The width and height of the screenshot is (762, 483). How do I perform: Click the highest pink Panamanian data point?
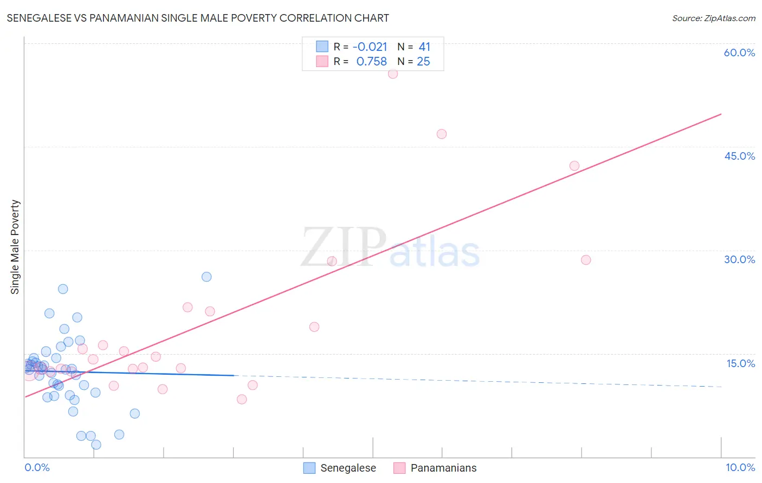393,74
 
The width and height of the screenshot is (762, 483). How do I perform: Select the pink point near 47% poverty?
442,134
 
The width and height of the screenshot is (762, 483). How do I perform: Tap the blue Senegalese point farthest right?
206,277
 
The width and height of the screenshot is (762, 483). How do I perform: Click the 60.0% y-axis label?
739,53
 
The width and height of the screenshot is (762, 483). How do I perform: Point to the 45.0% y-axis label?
739,156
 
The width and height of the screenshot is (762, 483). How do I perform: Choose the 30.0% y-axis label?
739,259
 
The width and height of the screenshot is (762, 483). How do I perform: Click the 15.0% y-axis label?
740,363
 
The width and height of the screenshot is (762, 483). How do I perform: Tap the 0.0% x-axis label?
37,467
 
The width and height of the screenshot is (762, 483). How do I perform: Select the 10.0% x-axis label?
740,467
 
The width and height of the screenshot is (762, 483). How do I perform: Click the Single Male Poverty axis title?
15,247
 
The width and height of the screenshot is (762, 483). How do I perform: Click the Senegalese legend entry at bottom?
347,468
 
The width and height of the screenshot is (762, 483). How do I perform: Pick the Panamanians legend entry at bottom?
443,468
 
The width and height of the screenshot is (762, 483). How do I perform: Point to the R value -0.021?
370,47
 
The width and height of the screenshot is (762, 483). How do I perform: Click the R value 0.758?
371,62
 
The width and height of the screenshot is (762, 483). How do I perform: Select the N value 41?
424,47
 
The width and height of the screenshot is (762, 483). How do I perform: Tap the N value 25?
423,62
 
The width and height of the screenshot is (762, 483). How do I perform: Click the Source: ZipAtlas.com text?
713,18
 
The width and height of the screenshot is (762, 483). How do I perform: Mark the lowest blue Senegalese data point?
96,445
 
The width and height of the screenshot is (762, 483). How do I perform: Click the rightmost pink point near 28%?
586,260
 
